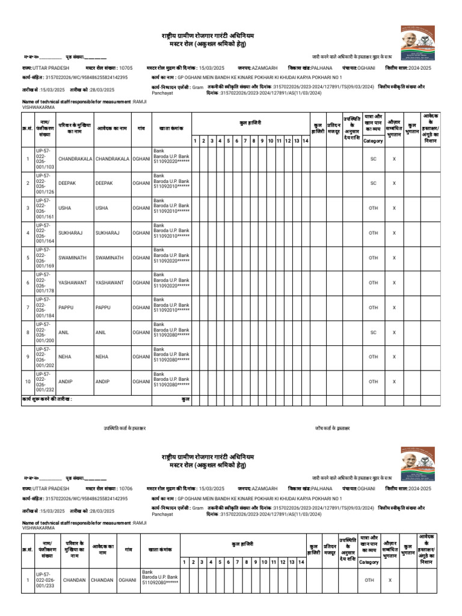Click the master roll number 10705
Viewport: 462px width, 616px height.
point(126,69)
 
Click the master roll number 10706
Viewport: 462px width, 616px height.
point(126,489)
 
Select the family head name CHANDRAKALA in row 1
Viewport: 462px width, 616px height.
point(75,159)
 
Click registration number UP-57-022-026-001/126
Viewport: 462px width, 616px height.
point(45,183)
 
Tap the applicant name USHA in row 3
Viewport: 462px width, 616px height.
point(102,208)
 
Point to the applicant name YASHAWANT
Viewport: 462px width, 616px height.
point(109,282)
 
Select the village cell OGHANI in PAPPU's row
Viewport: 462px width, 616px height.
point(141,307)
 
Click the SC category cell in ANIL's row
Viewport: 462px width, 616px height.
point(374,332)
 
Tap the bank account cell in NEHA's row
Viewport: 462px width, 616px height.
point(171,357)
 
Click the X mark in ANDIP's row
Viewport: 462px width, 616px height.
point(394,381)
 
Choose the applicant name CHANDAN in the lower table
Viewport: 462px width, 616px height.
point(102,581)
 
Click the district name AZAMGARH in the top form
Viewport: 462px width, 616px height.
point(265,69)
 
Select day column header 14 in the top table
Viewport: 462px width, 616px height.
point(306,141)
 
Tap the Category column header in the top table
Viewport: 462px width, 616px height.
point(374,141)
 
